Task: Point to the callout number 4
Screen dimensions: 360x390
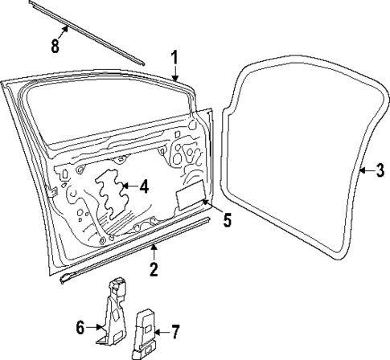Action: pyautogui.click(x=144, y=187)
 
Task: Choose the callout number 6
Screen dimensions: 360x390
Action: pyautogui.click(x=81, y=327)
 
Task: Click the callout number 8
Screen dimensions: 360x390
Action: pyautogui.click(x=55, y=45)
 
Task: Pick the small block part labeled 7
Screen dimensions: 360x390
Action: pyautogui.click(x=146, y=330)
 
